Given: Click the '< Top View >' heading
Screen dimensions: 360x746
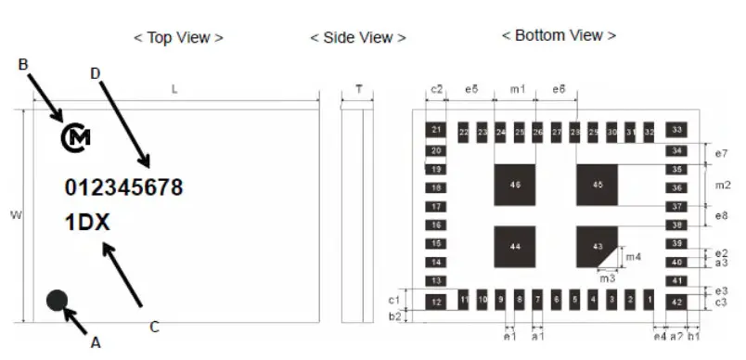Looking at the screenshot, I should click(178, 38).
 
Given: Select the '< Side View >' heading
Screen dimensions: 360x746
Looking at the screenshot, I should click(357, 38).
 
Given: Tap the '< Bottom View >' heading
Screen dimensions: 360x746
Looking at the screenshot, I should click(559, 35).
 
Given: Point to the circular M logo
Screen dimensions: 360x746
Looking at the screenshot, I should click(76, 138).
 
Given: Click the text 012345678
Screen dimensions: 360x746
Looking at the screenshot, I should click(123, 187).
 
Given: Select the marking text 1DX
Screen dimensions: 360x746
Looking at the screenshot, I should click(87, 223).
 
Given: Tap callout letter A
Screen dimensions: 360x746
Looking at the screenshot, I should click(95, 341).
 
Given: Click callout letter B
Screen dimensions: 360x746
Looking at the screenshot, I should click(23, 64).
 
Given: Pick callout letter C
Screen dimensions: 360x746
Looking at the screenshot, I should click(154, 326).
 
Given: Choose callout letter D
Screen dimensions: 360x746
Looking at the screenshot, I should click(95, 72).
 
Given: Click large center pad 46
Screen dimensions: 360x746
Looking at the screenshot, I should click(516, 186).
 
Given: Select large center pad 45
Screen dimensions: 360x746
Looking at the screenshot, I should click(598, 186).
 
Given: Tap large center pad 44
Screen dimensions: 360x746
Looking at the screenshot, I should click(516, 246).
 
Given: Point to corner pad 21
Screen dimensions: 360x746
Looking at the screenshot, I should click(436, 131).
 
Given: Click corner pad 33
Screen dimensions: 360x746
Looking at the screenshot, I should click(677, 131).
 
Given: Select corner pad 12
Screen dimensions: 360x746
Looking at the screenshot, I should click(436, 302).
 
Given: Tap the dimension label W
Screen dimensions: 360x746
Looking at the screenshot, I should click(15, 215).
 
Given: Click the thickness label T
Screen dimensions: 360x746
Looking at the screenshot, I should click(358, 90).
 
